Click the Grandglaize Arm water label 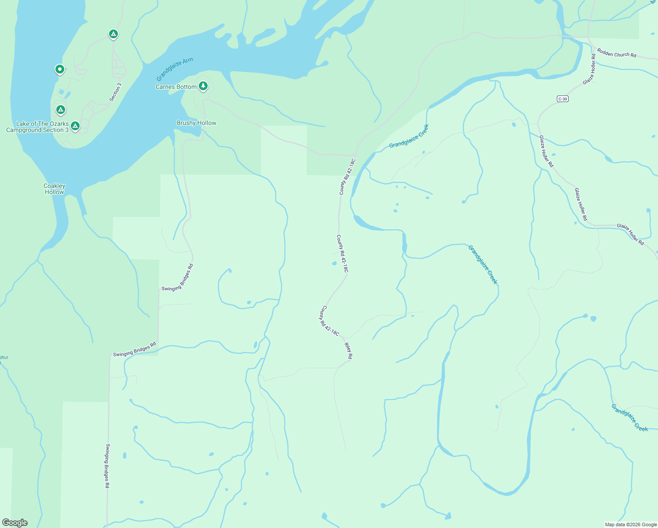175,70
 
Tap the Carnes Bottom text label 176,87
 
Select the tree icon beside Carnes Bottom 203,86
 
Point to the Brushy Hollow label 196,123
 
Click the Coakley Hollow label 55,189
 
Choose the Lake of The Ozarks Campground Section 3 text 37,127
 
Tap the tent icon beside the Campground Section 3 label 75,126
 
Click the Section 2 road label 115,92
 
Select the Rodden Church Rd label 616,54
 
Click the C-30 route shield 563,99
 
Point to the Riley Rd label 348,351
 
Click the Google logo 15,523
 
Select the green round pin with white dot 60,69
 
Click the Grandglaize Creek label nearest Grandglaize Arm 409,136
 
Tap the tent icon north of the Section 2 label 113,34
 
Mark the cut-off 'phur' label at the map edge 4,357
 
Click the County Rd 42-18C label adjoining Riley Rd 329,321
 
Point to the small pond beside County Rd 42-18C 334,264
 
